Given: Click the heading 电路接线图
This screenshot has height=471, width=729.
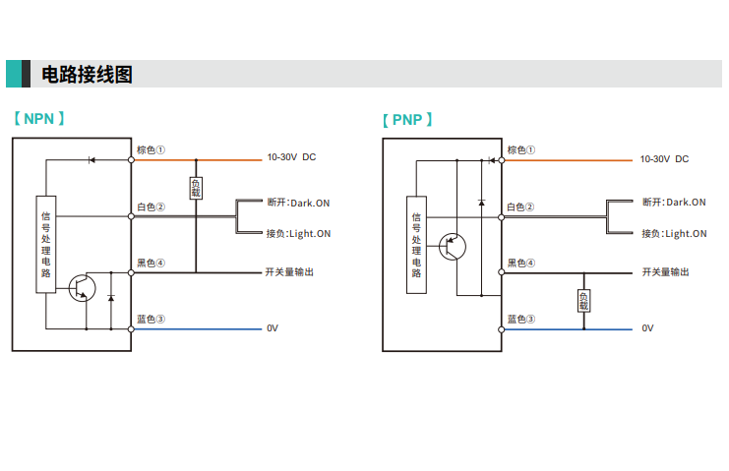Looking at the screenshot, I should [87, 75].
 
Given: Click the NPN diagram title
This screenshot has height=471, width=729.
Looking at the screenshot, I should [39, 119].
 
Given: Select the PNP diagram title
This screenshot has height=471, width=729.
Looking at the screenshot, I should [407, 120].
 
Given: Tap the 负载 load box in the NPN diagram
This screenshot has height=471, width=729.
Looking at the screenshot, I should [196, 188].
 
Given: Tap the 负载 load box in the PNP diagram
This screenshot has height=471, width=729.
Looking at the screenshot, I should [583, 301].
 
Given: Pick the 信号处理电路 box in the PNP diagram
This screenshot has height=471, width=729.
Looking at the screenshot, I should [416, 245].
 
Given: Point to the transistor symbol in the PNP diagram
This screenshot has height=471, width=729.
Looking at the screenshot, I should [454, 245].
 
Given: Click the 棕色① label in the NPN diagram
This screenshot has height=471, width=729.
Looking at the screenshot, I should [150, 150].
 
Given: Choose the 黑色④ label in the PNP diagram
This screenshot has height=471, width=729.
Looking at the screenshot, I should [520, 264].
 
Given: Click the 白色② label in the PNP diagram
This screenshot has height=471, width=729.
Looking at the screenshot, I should [520, 206].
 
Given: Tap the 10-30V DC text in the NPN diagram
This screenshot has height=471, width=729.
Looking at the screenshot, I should [291, 157].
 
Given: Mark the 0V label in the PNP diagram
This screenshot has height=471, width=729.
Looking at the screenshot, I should [647, 328].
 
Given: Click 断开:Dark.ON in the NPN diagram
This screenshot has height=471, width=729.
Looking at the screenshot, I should [298, 203].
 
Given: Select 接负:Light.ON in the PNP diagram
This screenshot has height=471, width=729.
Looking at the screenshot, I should [674, 233].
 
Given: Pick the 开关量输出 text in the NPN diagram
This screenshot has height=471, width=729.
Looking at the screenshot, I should [290, 271].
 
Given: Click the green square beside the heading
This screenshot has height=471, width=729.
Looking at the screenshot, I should [14, 74].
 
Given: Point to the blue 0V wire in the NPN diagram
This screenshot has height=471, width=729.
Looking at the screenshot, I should [197, 327].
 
